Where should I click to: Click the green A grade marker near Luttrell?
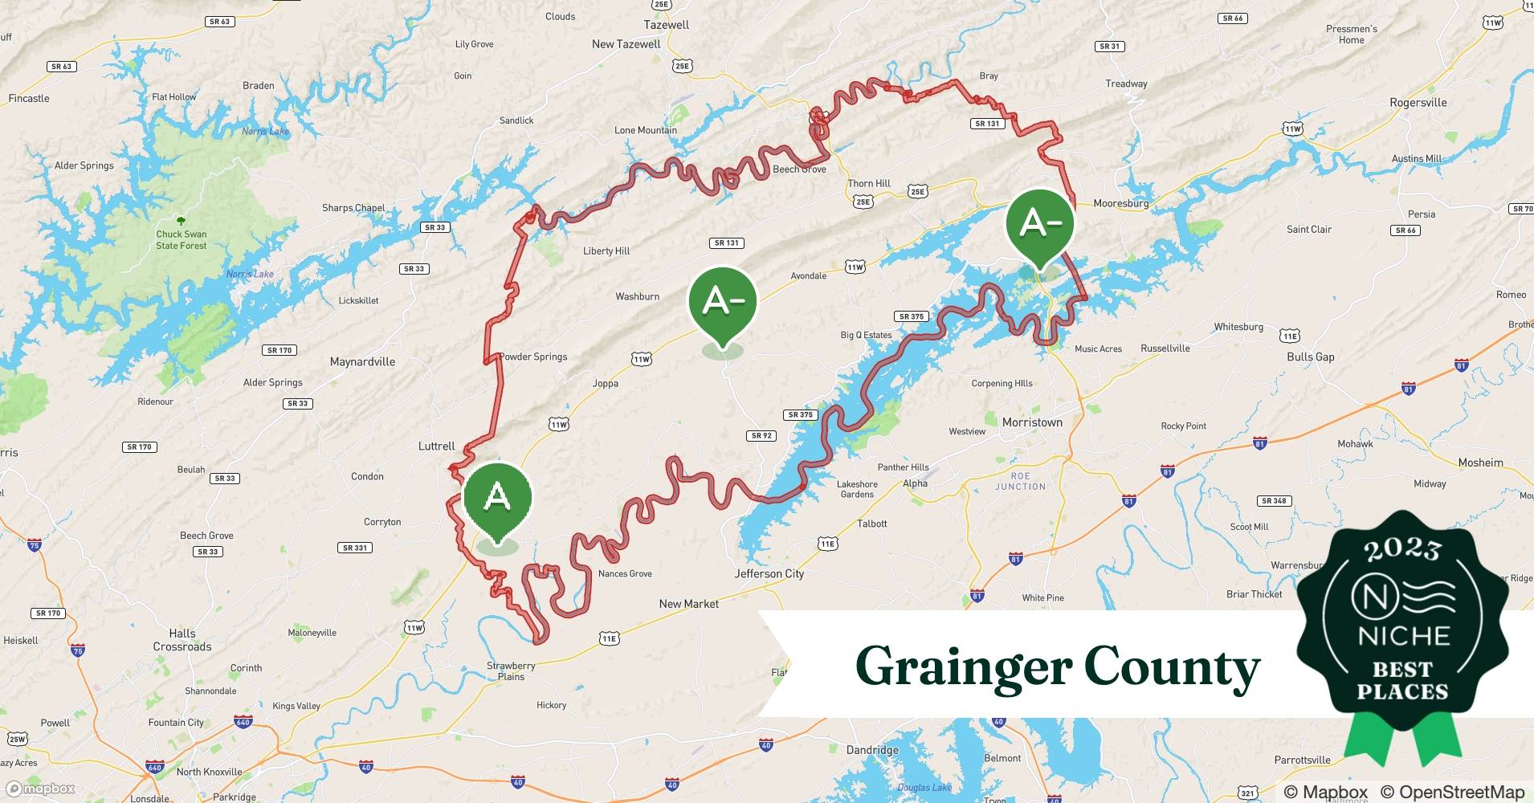(497, 498)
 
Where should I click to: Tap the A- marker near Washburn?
(723, 301)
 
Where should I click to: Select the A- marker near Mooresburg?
(1040, 223)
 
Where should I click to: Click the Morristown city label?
(1032, 422)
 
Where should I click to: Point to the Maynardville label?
(362, 362)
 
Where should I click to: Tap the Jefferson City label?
(769, 573)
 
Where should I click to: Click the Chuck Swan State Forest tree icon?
(181, 221)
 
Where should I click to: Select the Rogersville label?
(1418, 103)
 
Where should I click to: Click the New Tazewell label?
(626, 44)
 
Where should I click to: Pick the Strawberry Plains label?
(511, 671)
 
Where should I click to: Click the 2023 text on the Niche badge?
(1402, 550)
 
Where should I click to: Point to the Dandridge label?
(872, 750)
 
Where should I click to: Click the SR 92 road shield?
(761, 436)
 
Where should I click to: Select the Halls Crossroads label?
(182, 640)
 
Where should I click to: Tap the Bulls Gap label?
(1310, 357)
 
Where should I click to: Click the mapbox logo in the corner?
(40, 789)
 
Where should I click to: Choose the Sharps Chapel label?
(353, 208)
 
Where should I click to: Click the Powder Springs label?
(533, 357)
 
